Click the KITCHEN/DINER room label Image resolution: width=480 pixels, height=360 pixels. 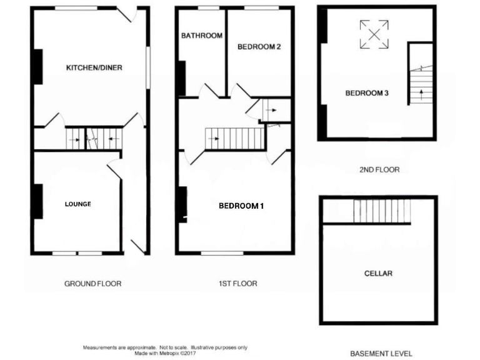coord(94,67)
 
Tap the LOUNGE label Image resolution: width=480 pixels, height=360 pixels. coord(78,204)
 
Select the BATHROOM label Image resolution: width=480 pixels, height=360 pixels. coord(202,36)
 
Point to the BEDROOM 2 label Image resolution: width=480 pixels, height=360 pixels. coord(259,46)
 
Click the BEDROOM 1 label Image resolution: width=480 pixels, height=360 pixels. coord(241,206)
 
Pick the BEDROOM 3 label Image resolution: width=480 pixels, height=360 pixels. coord(367,93)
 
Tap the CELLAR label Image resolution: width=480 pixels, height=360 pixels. coord(378,274)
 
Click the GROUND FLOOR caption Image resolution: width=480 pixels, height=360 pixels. coord(93,284)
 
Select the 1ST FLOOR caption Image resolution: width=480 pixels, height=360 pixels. coord(237,284)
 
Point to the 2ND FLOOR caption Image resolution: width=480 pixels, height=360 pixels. coord(379,169)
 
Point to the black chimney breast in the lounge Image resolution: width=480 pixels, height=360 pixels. coord(37,201)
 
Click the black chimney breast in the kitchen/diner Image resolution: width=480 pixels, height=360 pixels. coord(37,66)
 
